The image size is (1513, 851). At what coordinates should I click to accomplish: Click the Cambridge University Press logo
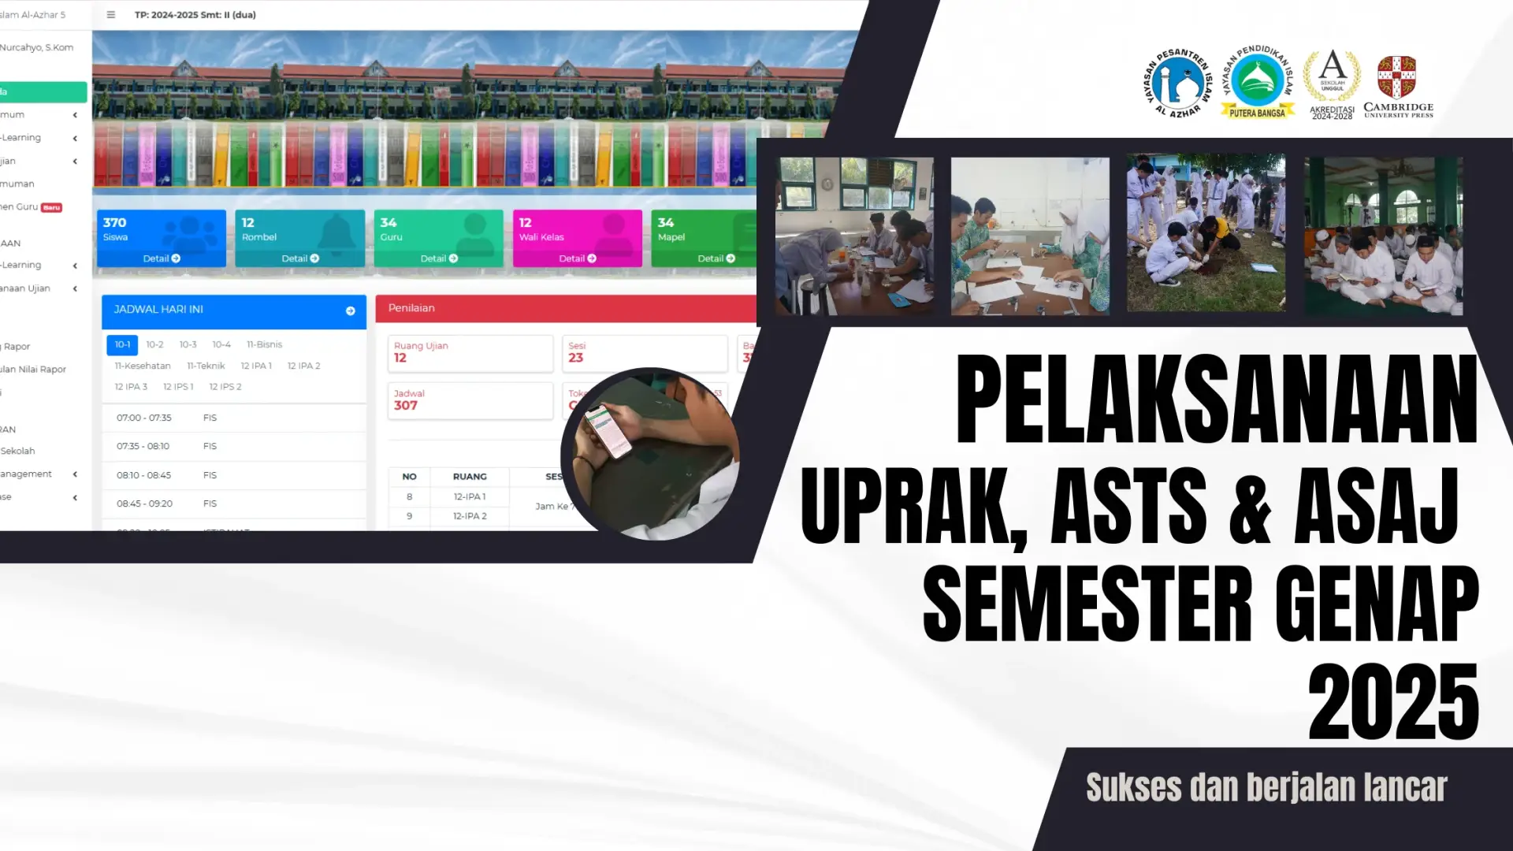point(1398,86)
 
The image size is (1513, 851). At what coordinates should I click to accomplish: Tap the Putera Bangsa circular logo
point(1258,82)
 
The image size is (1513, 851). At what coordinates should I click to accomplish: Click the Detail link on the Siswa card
point(162,258)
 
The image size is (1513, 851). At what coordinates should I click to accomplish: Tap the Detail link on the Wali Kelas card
point(578,258)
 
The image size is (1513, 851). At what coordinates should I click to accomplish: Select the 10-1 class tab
point(122,344)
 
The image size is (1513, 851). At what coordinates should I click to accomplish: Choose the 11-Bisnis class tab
point(264,344)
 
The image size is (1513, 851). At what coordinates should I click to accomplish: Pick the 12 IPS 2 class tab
point(225,387)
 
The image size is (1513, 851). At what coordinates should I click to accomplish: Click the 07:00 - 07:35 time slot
point(144,418)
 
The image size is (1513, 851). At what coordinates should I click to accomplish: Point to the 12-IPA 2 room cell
point(470,516)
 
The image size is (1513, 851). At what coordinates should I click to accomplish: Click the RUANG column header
point(470,477)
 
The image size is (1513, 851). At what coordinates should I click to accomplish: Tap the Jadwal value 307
point(406,405)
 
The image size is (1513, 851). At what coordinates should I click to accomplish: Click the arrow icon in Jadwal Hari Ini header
point(351,310)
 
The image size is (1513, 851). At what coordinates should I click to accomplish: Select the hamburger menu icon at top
point(111,15)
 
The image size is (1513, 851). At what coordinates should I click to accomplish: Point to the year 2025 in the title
point(1392,700)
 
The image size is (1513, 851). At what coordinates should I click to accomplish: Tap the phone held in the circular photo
point(608,429)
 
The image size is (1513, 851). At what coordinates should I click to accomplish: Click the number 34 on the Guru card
point(388,223)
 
